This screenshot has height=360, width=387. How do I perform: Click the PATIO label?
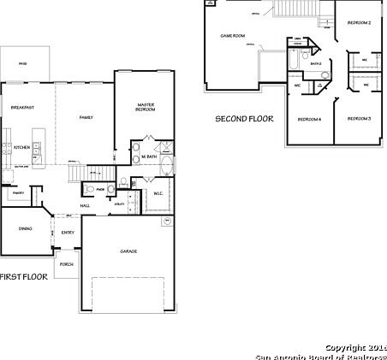click(22, 62)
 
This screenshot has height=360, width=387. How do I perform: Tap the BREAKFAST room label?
click(23, 107)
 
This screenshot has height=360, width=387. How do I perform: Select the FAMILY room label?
click(86, 117)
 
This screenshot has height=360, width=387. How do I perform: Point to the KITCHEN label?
click(22, 147)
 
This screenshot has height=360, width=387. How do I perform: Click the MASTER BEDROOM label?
click(146, 108)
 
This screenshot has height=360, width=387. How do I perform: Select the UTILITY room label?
click(119, 204)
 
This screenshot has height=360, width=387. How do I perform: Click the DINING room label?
click(25, 228)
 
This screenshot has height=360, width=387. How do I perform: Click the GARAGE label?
click(128, 251)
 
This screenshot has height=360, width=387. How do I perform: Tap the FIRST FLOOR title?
click(22, 276)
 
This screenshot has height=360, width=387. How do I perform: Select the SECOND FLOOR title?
click(244, 119)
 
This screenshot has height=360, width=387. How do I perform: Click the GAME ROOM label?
click(232, 35)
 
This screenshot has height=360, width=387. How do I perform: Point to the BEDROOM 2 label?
click(358, 22)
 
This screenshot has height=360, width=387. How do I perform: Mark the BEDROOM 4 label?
click(309, 119)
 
